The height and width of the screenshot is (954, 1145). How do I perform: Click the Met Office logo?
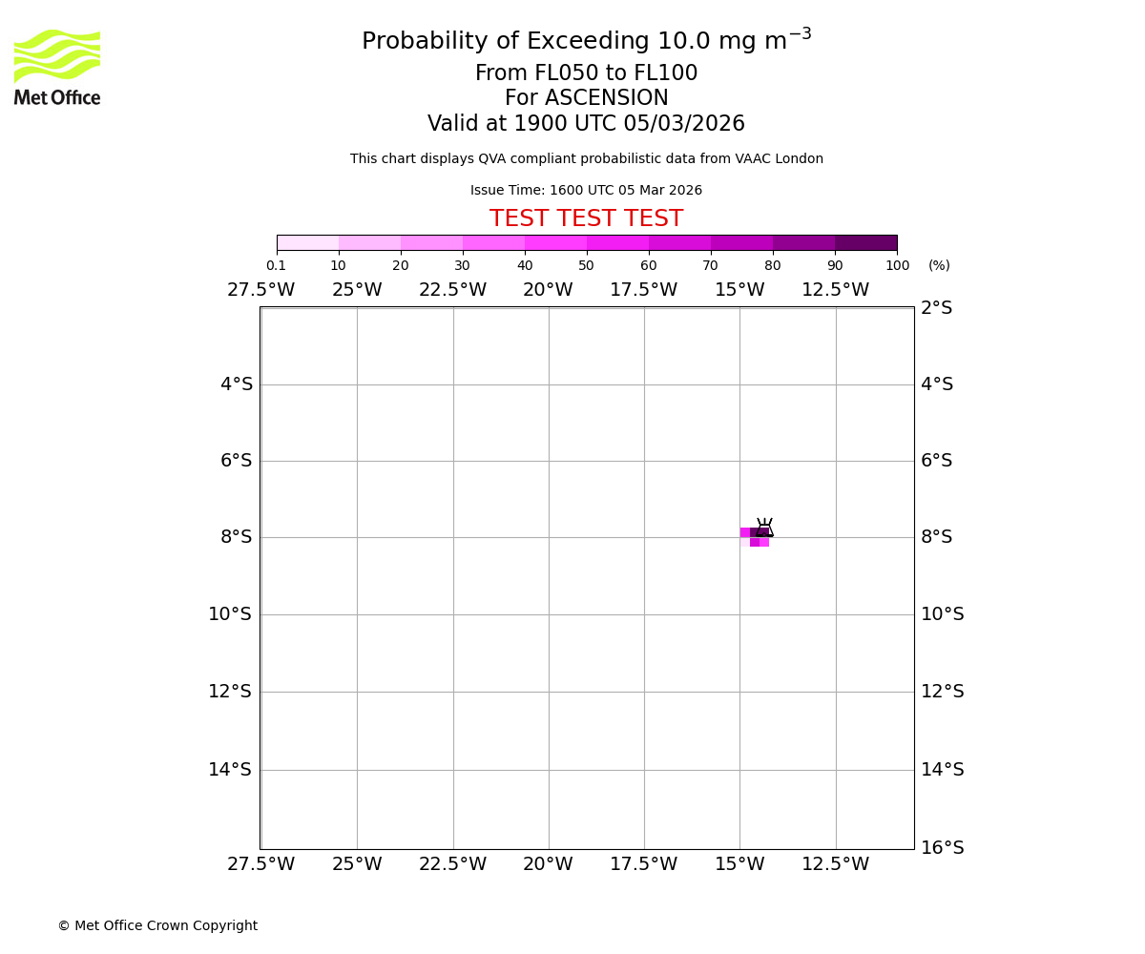tap(57, 67)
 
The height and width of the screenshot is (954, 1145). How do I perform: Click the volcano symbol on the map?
tap(764, 528)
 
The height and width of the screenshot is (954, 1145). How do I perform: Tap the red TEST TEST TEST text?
tap(586, 219)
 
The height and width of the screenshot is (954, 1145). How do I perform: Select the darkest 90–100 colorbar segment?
tap(865, 243)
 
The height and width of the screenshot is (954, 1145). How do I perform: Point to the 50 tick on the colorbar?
tap(586, 265)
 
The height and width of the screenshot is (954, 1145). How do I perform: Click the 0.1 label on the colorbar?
tap(276, 265)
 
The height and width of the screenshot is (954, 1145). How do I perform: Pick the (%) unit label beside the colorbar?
tap(939, 265)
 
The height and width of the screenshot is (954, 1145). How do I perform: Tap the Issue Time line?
tap(586, 191)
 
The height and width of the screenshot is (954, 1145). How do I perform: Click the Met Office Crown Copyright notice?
tap(157, 926)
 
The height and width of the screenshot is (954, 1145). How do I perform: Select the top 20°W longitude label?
tap(548, 290)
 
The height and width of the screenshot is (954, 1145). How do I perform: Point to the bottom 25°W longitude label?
tap(357, 864)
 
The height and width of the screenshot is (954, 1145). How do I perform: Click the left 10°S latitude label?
tap(230, 614)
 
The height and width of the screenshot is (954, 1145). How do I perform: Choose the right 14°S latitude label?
tap(943, 769)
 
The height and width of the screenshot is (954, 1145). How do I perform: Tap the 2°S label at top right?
tap(936, 308)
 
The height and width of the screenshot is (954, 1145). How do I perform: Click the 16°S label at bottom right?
tap(943, 847)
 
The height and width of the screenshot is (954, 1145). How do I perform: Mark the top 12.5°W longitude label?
tap(835, 290)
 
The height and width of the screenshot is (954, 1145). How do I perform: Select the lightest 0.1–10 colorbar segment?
tap(307, 243)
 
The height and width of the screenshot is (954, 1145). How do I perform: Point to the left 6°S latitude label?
tap(236, 461)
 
